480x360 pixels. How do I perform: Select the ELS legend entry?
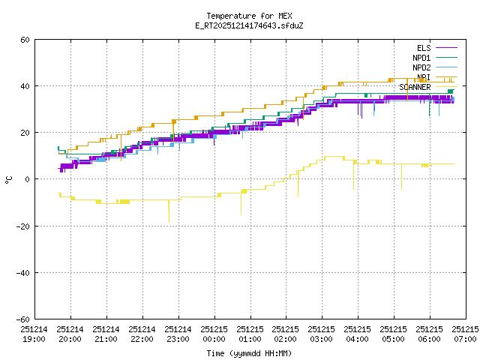coord(424,48)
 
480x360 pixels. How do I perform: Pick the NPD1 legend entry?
coord(421,58)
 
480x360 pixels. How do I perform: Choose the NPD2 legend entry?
coord(421,67)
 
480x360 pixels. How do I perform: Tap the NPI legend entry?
coord(424,77)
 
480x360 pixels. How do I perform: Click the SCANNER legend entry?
coord(415,87)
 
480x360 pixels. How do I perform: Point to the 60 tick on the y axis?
coord(25,40)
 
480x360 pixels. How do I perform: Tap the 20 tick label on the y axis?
coord(25,133)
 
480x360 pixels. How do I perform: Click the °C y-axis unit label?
coord(9,179)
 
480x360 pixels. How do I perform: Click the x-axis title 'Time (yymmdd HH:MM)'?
coord(249,353)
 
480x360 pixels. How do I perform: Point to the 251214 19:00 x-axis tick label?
coord(34,334)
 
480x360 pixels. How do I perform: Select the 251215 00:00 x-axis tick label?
coord(214,334)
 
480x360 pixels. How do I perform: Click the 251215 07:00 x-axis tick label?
coord(466,334)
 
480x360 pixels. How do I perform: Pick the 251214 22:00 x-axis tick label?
coord(142,334)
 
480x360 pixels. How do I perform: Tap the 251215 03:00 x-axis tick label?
coord(322,334)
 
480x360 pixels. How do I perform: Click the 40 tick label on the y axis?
coord(25,86)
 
